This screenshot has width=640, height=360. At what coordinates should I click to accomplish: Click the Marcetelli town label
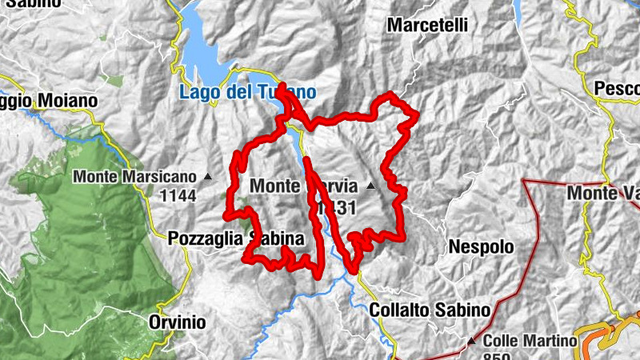click(427, 25)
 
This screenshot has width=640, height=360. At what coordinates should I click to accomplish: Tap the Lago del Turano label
click(247, 92)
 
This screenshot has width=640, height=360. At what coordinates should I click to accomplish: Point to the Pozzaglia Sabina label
click(236, 238)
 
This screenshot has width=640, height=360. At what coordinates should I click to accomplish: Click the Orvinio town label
click(177, 322)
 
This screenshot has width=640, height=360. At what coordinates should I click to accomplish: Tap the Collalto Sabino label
click(430, 310)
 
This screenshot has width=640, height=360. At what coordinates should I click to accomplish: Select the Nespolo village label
click(481, 247)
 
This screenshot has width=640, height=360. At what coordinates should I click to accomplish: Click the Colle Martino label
click(530, 341)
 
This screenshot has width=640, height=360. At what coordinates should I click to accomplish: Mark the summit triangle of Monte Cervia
click(370, 187)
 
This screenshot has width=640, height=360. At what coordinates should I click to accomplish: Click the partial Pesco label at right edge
click(617, 87)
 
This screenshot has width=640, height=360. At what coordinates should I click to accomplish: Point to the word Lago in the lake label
click(195, 92)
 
